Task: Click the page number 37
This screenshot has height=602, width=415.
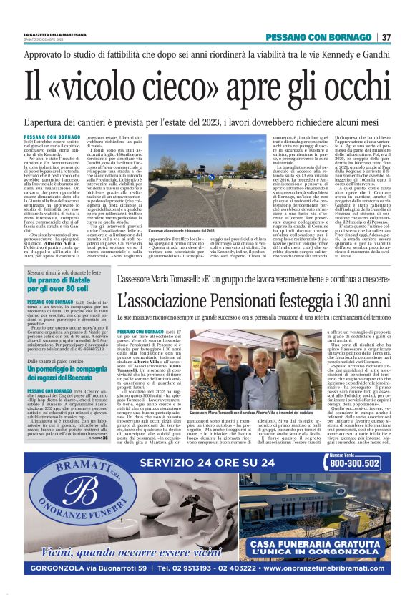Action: (386, 37)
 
